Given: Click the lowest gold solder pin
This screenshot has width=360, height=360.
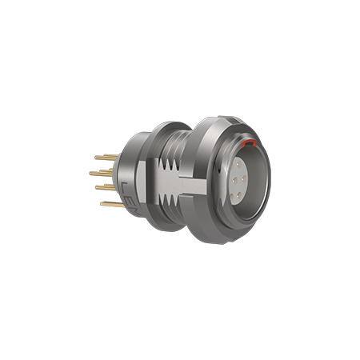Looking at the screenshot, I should pos(113,205).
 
